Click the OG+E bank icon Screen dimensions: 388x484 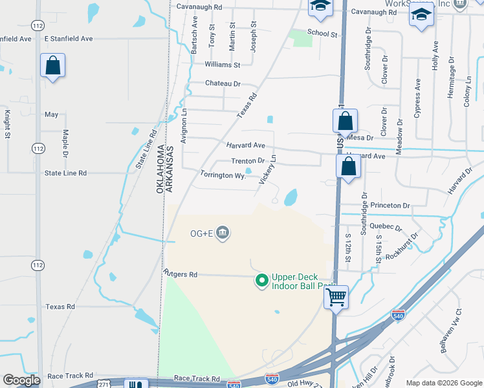click(x=223, y=232)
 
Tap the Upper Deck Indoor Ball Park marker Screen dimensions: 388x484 click(x=262, y=280)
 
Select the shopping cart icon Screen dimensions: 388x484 click(x=336, y=297)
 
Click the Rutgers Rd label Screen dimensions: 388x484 click(x=180, y=274)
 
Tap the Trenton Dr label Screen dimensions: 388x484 click(x=248, y=161)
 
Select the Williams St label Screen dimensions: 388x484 click(x=222, y=65)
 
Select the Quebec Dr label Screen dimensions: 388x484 click(x=390, y=228)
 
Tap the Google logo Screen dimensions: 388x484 click(x=22, y=380)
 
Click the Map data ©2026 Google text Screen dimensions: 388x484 click(x=443, y=383)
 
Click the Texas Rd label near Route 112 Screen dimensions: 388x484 click(x=60, y=307)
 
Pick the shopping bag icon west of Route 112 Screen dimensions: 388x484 click(x=52, y=66)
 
